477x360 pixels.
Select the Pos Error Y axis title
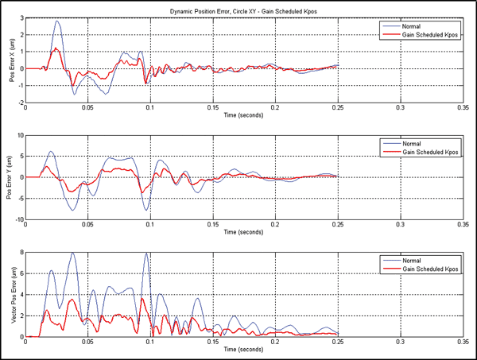pos(10,177)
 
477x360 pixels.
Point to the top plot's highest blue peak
pos(57,21)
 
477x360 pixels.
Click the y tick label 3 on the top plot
pos(21,16)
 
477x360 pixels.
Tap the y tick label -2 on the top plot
pos(20,103)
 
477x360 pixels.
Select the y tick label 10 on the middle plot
pos(20,135)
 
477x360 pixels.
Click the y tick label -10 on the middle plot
pos(18,219)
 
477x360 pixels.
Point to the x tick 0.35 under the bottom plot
pos(461,343)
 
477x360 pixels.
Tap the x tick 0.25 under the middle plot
pos(336,225)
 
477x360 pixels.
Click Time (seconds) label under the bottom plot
pos(243,350)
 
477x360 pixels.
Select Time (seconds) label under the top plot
pos(243,116)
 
